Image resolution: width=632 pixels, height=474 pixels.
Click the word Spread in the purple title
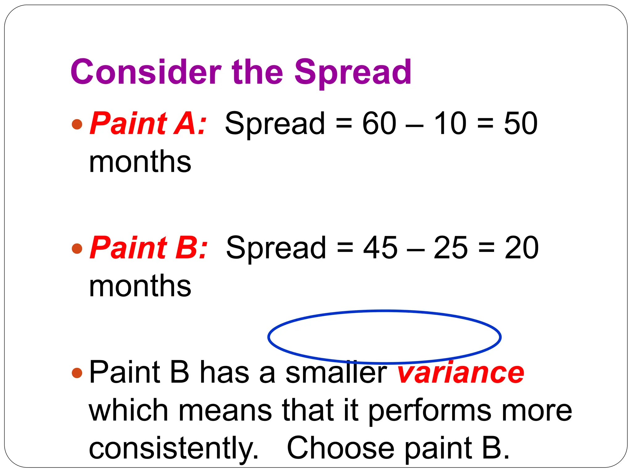point(353,73)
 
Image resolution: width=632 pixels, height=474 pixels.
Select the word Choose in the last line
point(340,448)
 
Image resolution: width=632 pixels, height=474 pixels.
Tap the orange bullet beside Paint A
point(77,124)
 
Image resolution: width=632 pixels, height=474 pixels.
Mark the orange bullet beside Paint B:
point(77,248)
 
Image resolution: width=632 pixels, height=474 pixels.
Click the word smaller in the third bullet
point(336,372)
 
